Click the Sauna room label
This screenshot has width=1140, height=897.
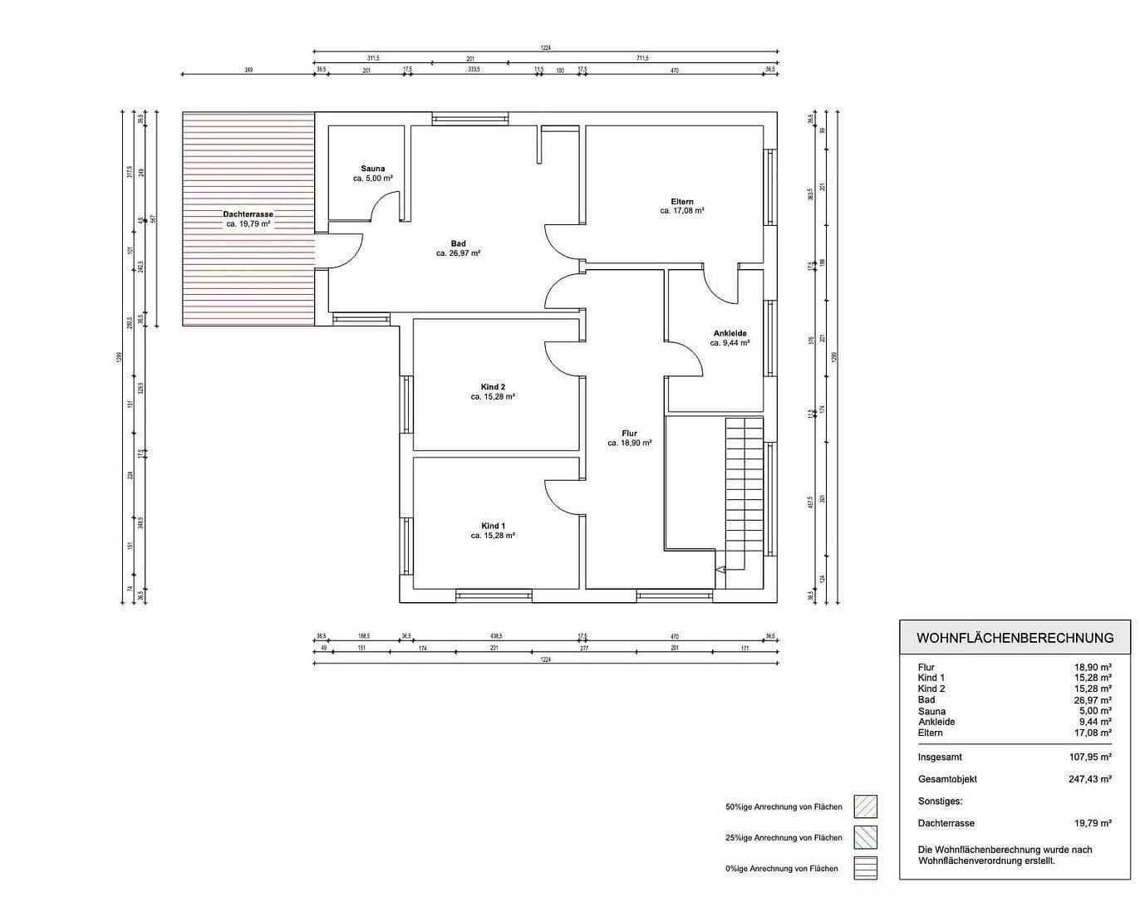coord(372,169)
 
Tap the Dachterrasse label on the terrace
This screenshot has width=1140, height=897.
coord(248,214)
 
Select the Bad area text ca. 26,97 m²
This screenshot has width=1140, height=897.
coord(458,253)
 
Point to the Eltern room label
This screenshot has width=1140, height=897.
coord(682,202)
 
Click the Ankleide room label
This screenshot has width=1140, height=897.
coord(730,333)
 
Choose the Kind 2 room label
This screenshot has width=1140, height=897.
coord(493,387)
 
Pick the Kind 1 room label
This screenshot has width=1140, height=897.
coord(493,526)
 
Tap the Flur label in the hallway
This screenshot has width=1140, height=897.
coord(629,434)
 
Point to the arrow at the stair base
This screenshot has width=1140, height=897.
coord(720,570)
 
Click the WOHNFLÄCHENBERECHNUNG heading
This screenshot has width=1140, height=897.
coord(1015,638)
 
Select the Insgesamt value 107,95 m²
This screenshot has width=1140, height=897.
coord(1089,757)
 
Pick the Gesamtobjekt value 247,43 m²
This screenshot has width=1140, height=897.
coord(1089,779)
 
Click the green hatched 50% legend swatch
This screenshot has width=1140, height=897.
coord(865,806)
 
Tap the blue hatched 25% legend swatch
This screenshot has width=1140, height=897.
coord(865,837)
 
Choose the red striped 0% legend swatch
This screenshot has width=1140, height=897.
coord(865,868)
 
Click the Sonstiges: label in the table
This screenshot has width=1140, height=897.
coord(940,801)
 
